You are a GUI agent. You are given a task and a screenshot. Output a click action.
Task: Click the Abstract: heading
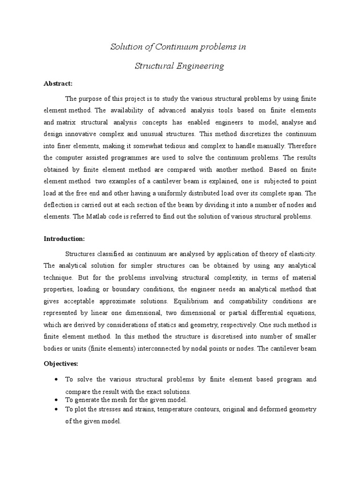58,83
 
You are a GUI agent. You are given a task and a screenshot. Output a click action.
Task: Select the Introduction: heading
64,239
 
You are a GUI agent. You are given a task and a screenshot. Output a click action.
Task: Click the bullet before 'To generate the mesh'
56,399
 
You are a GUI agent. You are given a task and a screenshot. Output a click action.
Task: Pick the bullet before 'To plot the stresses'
56,409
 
